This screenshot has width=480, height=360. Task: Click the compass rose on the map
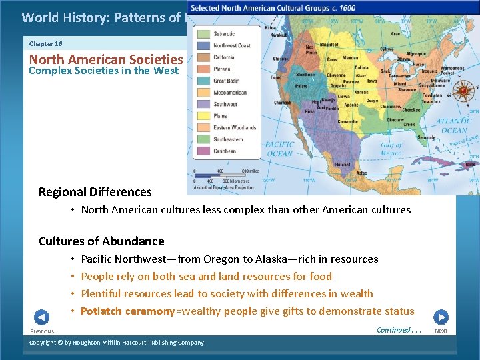tap(464, 89)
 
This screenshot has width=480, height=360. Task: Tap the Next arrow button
tap(441, 317)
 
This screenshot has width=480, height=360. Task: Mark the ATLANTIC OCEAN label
tap(454, 125)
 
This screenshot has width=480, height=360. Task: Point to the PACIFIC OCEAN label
tap(278, 149)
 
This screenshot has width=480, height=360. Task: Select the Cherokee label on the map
tap(408, 109)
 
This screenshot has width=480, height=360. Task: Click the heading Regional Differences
tap(95, 192)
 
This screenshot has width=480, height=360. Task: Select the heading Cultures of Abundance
tap(101, 241)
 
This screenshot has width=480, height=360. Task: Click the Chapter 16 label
tap(46, 43)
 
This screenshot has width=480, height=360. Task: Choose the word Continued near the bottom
tap(393, 329)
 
